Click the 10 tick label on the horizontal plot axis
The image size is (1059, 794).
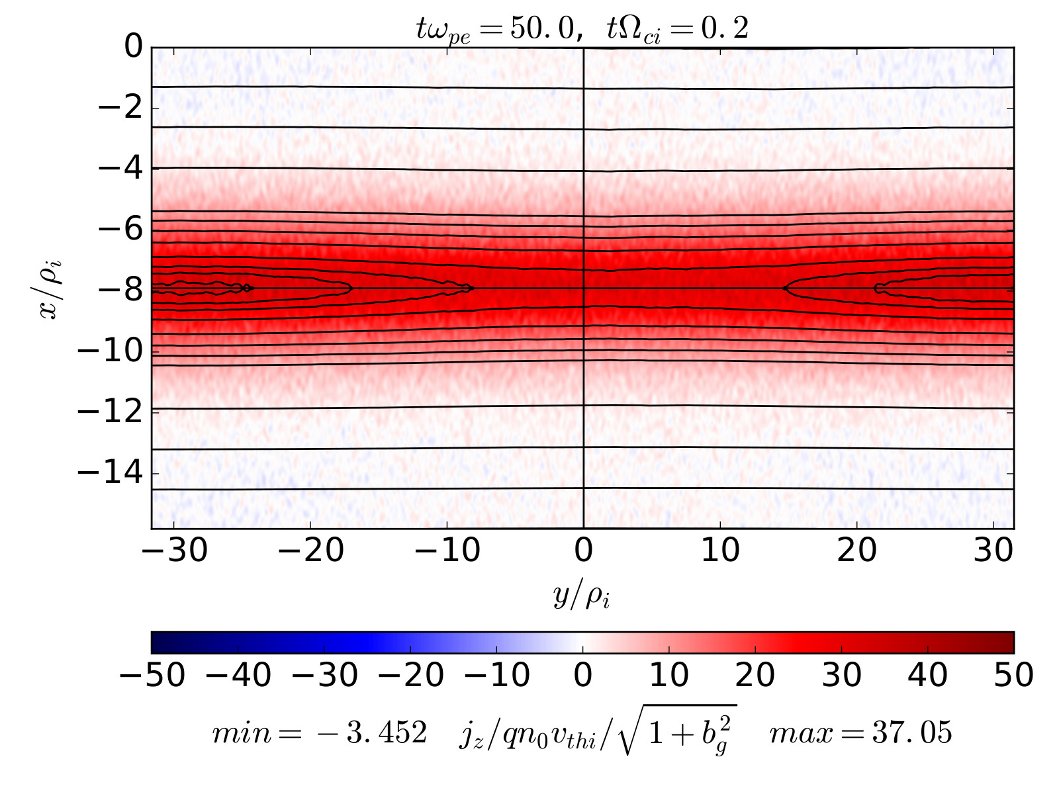click(720, 551)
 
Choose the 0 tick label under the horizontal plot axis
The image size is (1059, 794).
click(583, 551)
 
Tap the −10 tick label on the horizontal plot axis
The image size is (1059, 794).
click(447, 551)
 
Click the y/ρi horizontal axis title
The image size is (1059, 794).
click(582, 595)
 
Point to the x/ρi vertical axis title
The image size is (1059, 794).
click(51, 288)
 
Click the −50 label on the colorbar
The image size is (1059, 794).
click(152, 676)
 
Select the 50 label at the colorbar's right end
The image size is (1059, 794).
click(1013, 676)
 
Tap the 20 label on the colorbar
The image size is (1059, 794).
click(755, 676)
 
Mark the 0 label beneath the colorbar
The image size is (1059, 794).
click(583, 676)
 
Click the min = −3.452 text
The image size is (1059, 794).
click(319, 732)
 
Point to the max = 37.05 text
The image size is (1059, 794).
click(860, 732)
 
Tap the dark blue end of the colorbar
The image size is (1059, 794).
click(159, 642)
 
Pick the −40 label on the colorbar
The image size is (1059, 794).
click(238, 676)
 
